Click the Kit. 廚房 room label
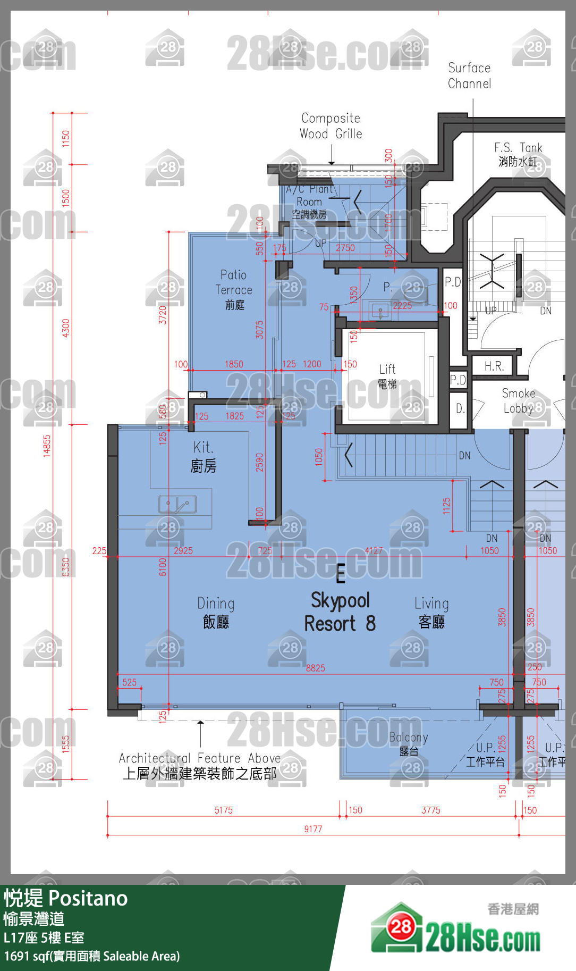coord(204,457)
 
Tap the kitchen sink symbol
coord(177,504)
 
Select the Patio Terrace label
coord(234,289)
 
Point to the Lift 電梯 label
coord(387,376)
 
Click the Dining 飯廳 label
coord(216,612)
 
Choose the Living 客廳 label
coord(431,612)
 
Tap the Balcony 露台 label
coord(409,743)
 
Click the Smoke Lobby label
coord(519,400)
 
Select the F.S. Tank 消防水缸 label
coord(518,154)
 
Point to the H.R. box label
coord(494,366)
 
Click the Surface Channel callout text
coord(469,76)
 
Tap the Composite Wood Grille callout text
coord(331,126)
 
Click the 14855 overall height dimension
coord(47,446)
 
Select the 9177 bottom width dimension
coord(313,828)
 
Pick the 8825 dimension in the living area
coord(315,668)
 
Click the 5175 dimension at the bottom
coord(223,810)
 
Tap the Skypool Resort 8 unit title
coord(340,612)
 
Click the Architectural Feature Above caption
coord(200,766)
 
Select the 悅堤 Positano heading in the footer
coord(66,898)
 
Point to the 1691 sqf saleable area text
coord(92,956)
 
